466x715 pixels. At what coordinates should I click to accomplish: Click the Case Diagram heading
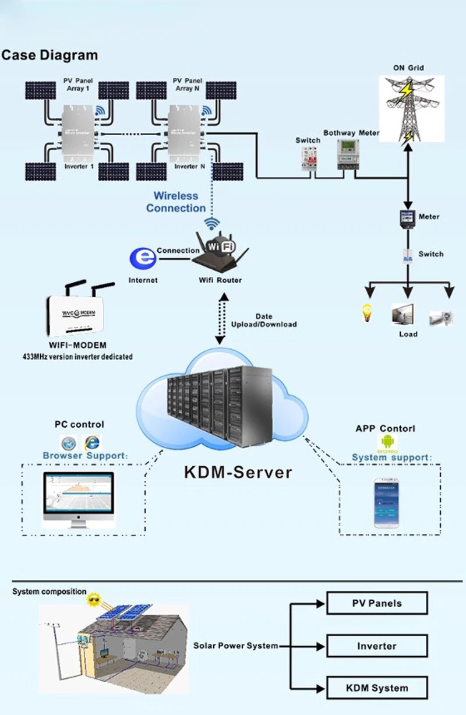[50, 56]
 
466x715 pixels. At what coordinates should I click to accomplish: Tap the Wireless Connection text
[176, 202]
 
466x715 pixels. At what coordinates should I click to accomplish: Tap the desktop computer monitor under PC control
[79, 499]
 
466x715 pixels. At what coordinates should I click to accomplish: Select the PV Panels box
[377, 603]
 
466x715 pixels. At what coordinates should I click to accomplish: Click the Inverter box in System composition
[377, 646]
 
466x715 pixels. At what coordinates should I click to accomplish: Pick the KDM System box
[377, 688]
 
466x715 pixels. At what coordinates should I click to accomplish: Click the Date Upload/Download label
[264, 320]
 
